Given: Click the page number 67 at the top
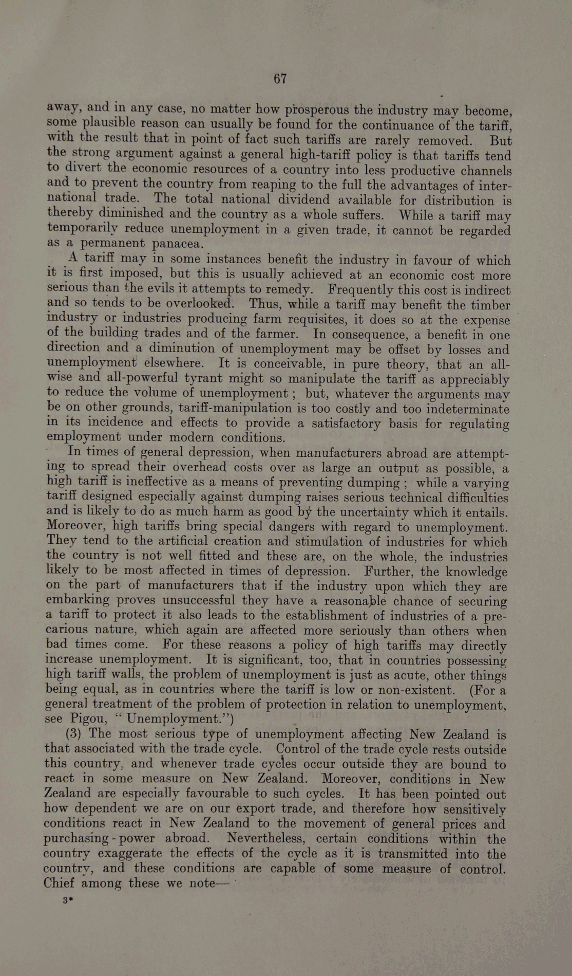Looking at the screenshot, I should click(280, 79).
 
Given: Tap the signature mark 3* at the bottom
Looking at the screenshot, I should click(66, 900).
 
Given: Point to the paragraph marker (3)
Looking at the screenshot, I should click(77, 733).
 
